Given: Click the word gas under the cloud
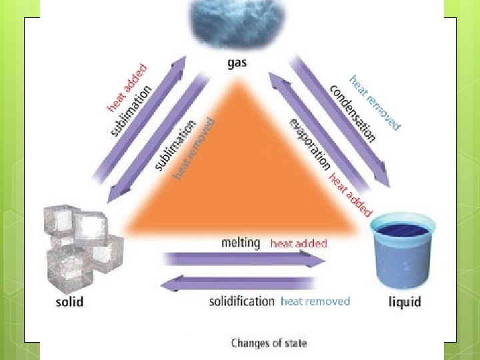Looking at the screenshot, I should point(237,65).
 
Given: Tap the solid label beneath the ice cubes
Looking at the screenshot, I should point(69,301).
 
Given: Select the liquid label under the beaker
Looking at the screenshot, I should point(405,301).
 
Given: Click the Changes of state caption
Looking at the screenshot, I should point(269,343).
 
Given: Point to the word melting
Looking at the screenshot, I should point(241,243).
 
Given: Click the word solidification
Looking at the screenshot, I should point(241,301).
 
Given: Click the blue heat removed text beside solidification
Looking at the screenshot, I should point(315,301).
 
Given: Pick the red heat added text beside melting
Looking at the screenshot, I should point(299,243).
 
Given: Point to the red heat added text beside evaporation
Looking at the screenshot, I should point(350,195).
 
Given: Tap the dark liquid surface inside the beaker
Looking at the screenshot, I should point(403,230).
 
